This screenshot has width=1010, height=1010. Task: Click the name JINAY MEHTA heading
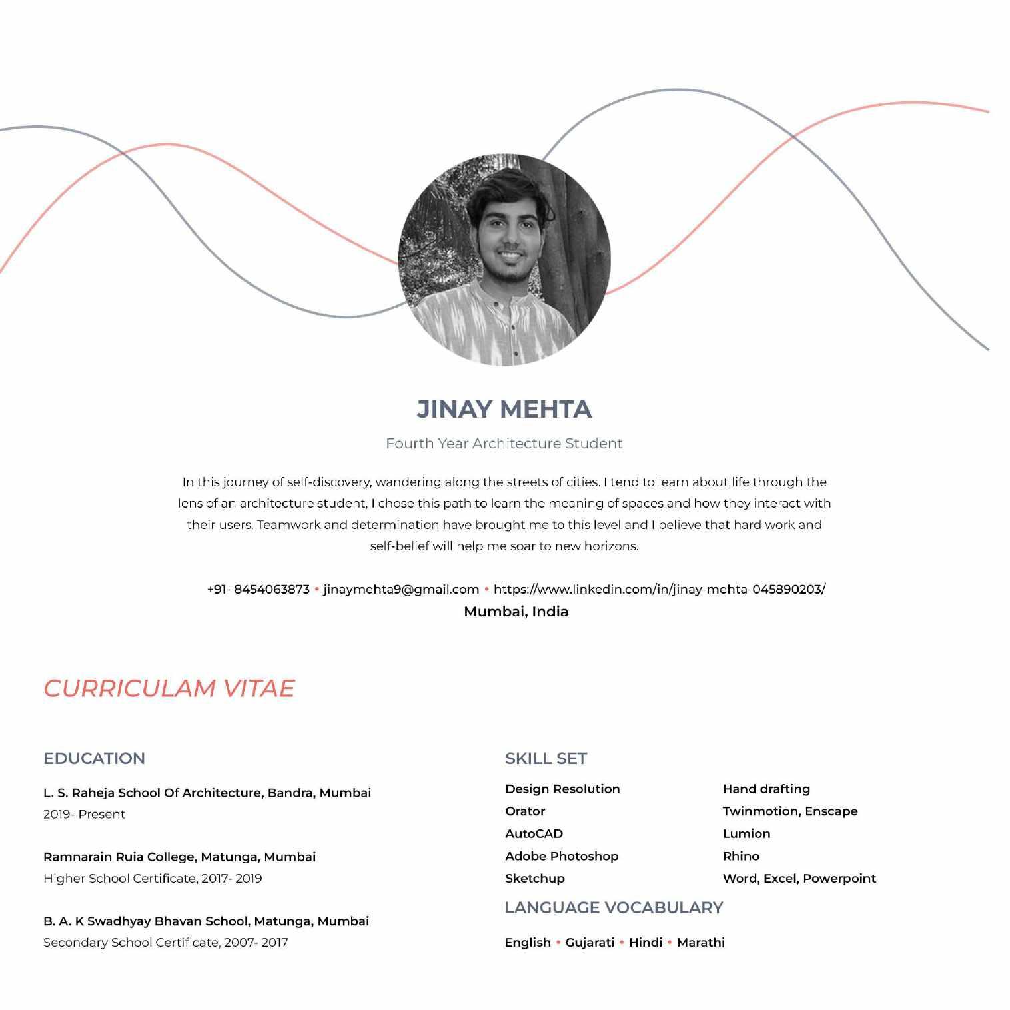click(x=504, y=409)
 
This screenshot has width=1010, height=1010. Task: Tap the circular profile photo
click(x=504, y=260)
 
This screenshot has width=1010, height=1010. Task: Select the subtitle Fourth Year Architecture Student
click(x=504, y=444)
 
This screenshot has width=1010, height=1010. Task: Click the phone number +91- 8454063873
click(x=258, y=590)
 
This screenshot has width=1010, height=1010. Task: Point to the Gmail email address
click(x=401, y=590)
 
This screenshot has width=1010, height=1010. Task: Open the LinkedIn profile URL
click(x=660, y=590)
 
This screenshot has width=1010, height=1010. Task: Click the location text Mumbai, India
click(x=516, y=612)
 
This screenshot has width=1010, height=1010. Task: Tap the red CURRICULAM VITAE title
click(x=169, y=688)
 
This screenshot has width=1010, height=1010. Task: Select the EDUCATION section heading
click(x=94, y=759)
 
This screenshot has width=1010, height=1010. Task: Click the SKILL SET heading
click(x=546, y=759)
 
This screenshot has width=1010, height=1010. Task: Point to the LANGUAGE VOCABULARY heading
click(x=614, y=908)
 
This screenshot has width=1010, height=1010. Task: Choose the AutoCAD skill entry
click(x=534, y=834)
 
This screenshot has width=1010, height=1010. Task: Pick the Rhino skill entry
click(x=741, y=856)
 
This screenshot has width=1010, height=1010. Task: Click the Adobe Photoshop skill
click(x=562, y=856)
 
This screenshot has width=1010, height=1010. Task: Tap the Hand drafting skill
click(x=766, y=789)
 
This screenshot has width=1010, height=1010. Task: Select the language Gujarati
click(x=590, y=943)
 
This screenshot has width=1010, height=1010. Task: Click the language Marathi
click(x=701, y=943)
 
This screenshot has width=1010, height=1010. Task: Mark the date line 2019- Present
click(x=84, y=815)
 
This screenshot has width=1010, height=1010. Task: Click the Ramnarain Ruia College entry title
click(x=179, y=857)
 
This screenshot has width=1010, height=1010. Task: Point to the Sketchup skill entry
click(x=534, y=879)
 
